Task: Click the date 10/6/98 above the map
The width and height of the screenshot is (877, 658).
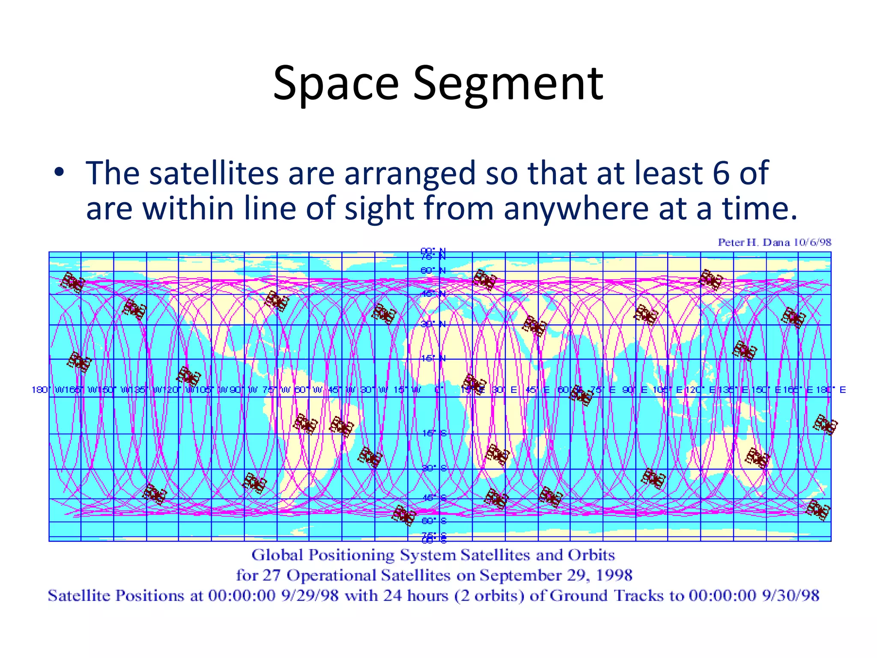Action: (x=812, y=242)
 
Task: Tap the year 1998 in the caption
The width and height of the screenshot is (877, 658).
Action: (x=614, y=575)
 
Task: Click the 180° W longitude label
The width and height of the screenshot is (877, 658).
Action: (x=47, y=390)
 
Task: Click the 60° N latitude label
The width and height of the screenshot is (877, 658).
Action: (x=433, y=271)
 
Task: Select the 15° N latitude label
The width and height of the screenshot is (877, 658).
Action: (x=433, y=358)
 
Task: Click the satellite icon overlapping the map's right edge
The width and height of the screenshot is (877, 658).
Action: (x=825, y=425)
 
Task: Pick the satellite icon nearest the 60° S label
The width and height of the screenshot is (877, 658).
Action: (x=404, y=515)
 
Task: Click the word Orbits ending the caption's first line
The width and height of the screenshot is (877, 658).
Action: (x=591, y=555)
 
